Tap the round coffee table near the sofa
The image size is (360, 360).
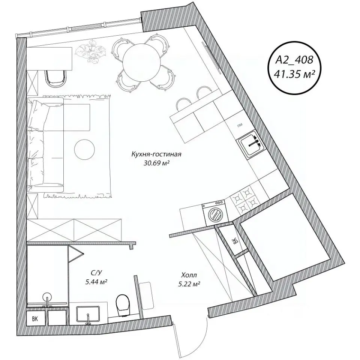pos(84,150)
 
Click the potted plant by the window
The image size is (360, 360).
pos(91,51)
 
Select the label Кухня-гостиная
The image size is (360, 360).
pos(156,154)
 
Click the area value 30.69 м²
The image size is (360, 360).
pos(156,163)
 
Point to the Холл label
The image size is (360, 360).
pos(189,275)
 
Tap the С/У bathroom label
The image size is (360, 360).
pos(96,273)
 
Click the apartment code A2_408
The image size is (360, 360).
pos(294,60)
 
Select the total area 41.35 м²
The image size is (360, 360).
pos(294,74)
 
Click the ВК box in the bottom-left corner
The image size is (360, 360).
pos(36,318)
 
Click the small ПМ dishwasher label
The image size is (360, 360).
pos(240,125)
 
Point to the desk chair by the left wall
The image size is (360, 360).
pos(55,78)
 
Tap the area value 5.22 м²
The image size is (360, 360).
pos(189,284)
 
